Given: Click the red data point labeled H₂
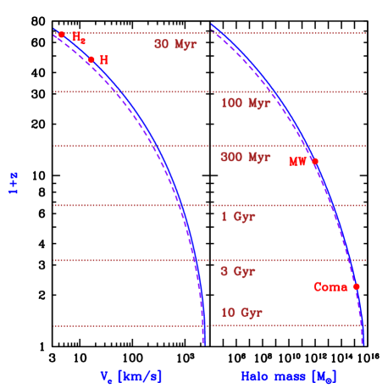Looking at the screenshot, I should tap(61, 36).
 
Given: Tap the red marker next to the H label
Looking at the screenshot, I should tap(91, 60).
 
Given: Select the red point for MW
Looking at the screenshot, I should tap(314, 161).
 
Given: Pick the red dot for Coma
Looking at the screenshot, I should tap(356, 286).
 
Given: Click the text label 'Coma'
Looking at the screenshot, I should tap(330, 287).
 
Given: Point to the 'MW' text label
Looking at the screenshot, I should tap(297, 162).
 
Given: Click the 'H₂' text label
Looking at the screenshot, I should tap(78, 38).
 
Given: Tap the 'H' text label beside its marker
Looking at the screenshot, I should tap(104, 61).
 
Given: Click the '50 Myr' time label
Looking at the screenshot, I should tap(175, 45).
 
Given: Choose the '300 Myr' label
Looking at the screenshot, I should tap(246, 158).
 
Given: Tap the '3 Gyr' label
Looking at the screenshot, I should tap(238, 272).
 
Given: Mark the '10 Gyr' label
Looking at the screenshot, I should tap(241, 313).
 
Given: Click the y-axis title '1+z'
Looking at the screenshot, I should tap(14, 185).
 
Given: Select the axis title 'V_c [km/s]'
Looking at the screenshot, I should tap(131, 375).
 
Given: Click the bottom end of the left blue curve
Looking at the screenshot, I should tap(204, 343).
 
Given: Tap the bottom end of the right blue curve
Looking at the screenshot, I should tap(363, 342).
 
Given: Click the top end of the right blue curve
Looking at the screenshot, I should tap(213, 25).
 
